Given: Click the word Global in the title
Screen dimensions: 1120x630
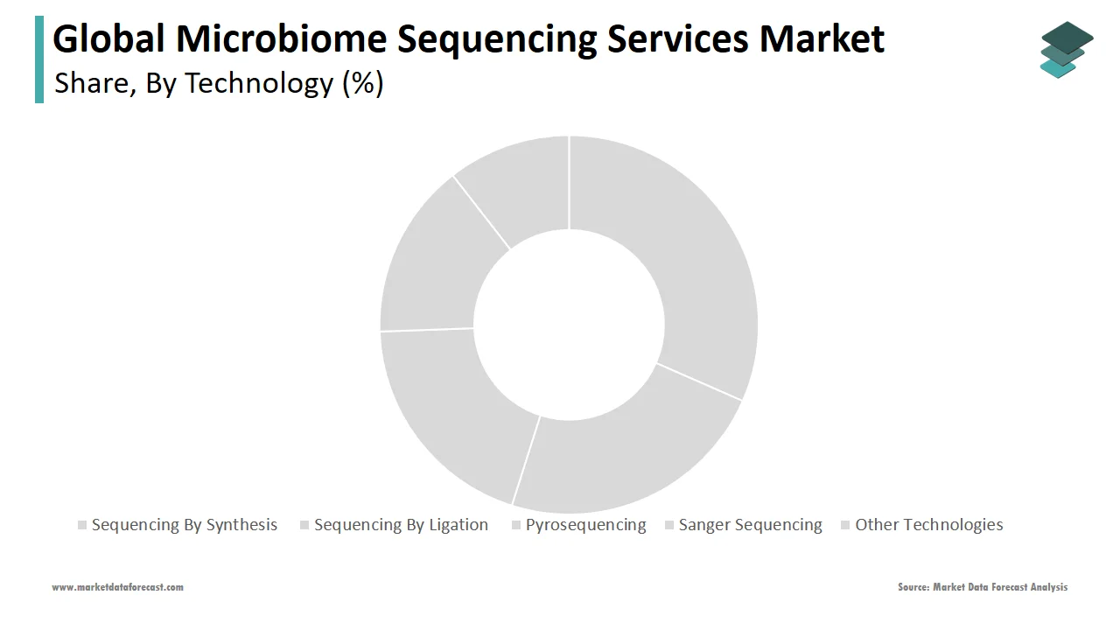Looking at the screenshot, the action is coord(108,38).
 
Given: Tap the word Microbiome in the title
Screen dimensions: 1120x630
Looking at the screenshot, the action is coord(282,38).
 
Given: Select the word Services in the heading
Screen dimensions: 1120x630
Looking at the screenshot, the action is coord(677,38).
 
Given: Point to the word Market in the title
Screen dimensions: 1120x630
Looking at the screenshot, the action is coord(822,38).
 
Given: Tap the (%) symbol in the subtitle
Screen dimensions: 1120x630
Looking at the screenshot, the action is coord(363,83).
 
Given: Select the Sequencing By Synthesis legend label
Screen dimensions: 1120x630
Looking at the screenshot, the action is coord(185,525).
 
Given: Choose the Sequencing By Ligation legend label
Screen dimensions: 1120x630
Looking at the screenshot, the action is coord(401,525).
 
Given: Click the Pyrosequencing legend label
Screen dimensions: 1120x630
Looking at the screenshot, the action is coord(586,525).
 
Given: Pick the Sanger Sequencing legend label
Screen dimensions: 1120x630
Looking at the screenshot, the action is coord(750,525).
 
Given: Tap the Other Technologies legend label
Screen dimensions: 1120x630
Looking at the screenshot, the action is coord(929,525).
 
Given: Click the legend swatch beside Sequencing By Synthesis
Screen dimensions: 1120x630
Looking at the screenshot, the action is coord(82,525).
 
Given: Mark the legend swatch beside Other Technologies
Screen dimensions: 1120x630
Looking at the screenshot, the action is coord(845,525).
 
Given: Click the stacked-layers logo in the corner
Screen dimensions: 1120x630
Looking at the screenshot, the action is coord(1067,50).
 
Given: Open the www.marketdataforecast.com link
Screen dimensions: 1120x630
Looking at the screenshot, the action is coord(117,587).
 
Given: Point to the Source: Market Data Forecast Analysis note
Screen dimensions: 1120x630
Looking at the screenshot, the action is coord(983,587).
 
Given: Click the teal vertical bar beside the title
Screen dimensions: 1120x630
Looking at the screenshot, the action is coord(39,59).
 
